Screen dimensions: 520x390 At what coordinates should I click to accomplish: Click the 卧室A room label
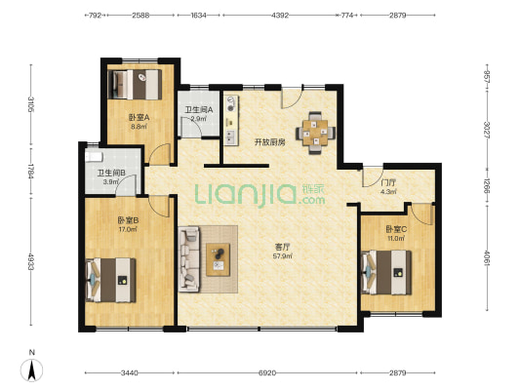coord(140,117)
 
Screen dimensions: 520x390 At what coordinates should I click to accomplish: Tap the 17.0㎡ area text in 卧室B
coord(128,229)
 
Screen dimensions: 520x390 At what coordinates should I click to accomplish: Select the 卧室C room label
coord(396,229)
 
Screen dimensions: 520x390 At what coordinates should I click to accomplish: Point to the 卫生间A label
coord(199,109)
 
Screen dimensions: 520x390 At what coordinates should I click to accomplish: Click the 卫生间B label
coord(111,173)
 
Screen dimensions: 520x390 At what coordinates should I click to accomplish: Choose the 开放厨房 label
coord(270,142)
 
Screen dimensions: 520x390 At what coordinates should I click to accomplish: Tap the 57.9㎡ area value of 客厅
coord(283,256)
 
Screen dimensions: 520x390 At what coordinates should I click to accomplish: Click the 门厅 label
coord(388,183)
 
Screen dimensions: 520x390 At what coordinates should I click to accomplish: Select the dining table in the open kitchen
coord(315,134)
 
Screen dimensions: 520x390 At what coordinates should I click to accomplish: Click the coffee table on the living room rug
coord(219,259)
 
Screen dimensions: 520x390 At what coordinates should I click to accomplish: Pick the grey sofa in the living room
coord(189,259)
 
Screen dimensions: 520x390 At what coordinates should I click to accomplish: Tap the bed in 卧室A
coord(136,85)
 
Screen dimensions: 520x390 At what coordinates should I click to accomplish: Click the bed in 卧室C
coord(386,272)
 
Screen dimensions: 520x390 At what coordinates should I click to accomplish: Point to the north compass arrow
coord(32,370)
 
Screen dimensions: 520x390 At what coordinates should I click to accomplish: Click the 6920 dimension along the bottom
coord(267,373)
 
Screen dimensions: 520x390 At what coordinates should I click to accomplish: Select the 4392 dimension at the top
coord(280,16)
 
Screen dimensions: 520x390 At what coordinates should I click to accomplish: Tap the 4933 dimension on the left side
coord(31,261)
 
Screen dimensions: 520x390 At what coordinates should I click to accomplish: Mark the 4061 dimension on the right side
coord(487,257)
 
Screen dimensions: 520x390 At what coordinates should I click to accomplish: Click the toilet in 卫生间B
coord(94,157)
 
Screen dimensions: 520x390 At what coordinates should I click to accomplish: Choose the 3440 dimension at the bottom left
coord(130,373)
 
